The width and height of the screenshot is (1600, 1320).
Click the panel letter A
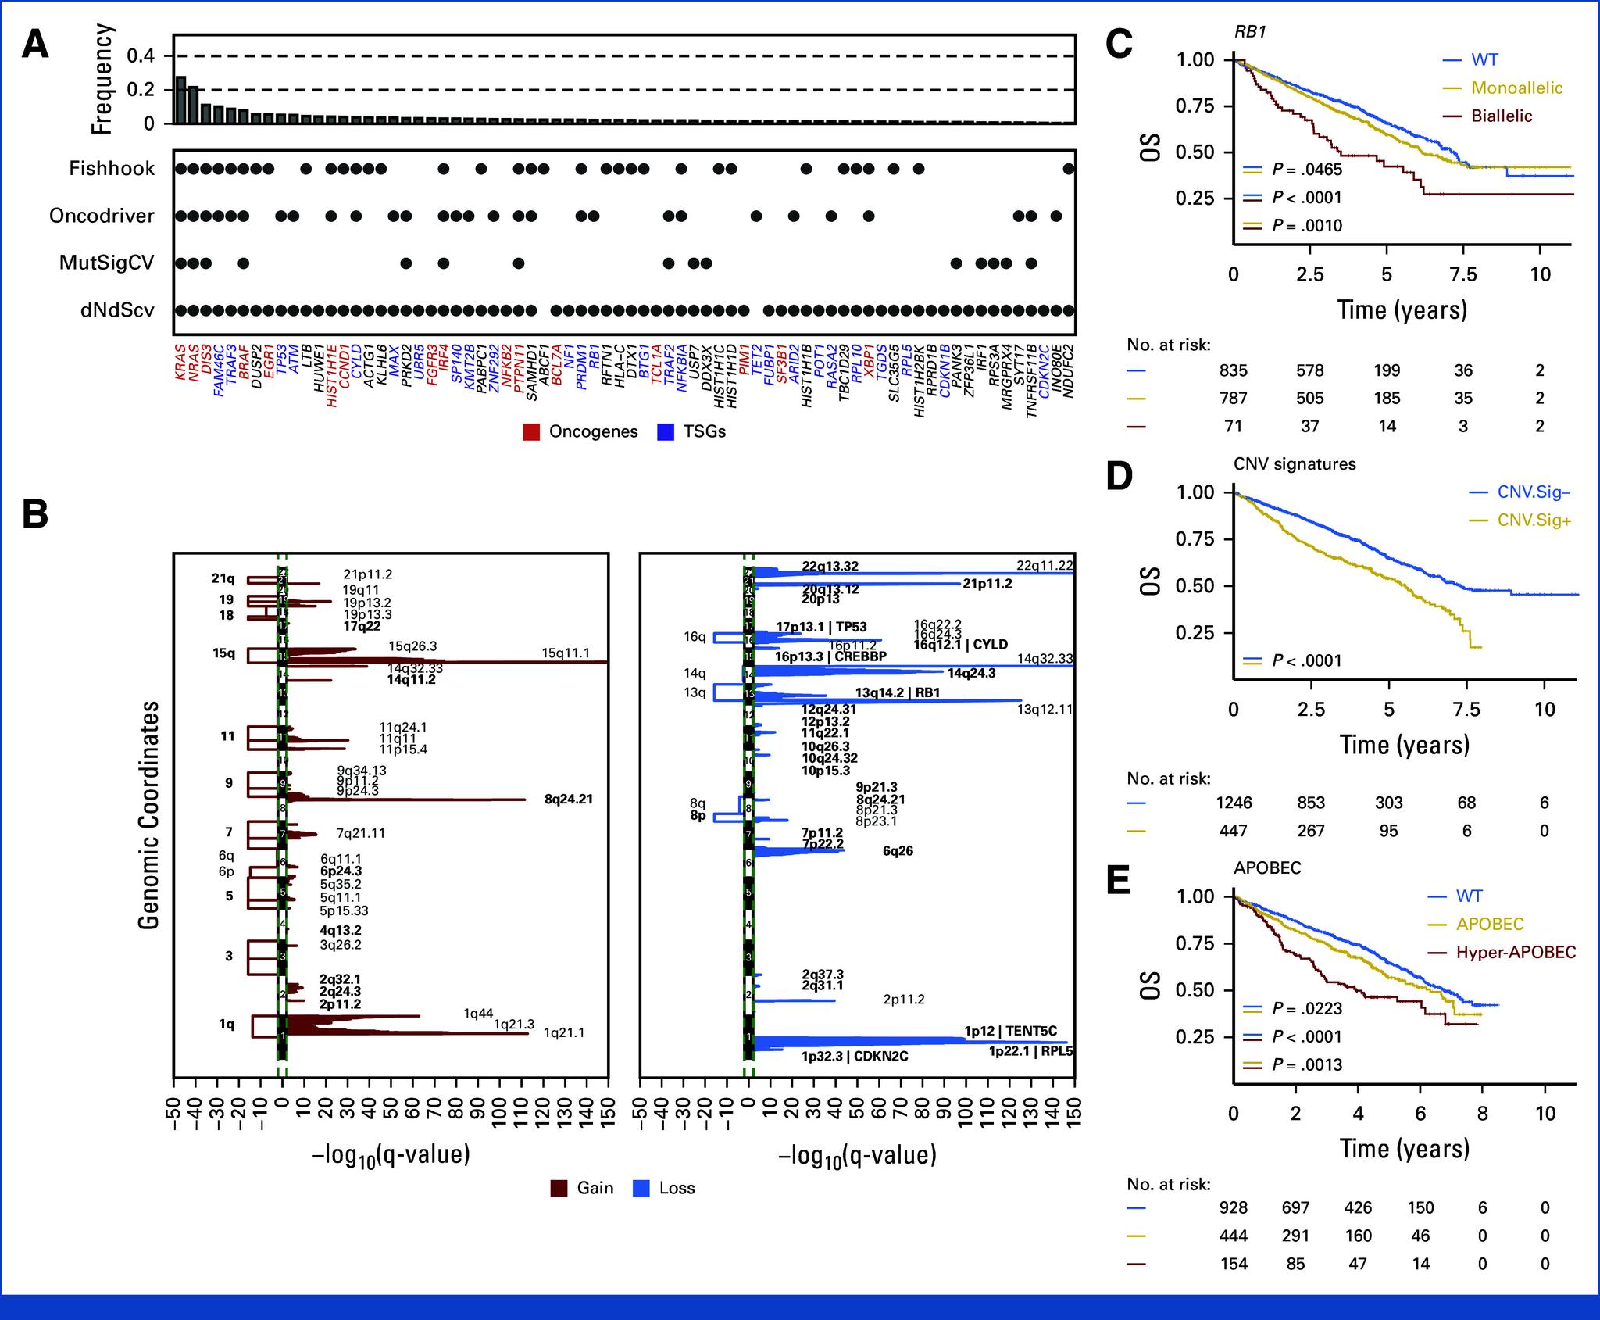coord(35,45)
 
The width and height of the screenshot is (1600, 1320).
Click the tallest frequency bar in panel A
coord(180,100)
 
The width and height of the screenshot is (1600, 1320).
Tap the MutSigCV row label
coord(107,263)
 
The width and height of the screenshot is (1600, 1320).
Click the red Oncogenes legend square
coord(532,432)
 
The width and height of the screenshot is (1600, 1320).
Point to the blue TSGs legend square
coord(666,432)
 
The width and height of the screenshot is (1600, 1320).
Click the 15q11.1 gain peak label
coord(566,653)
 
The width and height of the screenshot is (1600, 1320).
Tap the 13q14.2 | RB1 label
coord(898,692)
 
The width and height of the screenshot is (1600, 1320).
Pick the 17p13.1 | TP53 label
coord(821,627)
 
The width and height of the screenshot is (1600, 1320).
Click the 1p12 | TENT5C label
coord(1010,1031)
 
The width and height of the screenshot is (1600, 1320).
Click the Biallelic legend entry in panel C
coord(1501,116)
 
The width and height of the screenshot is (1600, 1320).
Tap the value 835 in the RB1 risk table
coord(1234,370)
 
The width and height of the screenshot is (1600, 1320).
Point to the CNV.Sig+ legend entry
coord(1534,520)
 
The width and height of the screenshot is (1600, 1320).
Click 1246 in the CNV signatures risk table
coord(1234,803)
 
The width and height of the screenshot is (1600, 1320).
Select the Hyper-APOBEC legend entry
coord(1516,952)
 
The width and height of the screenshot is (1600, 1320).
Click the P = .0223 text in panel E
coord(1307,1008)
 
